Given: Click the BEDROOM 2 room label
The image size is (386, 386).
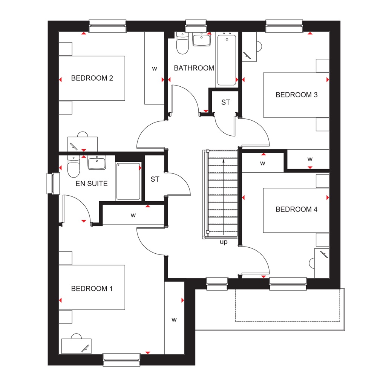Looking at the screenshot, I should [92, 78].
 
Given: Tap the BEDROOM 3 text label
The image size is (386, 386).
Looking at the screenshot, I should [296, 95].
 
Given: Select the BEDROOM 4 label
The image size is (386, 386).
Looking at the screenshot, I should [296, 210].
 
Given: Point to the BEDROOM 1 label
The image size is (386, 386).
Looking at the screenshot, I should [92, 289].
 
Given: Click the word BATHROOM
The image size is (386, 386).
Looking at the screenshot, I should [194, 68].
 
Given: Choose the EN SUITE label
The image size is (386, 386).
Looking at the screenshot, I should [92, 184].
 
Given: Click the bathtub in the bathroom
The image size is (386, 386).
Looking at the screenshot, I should [227, 60].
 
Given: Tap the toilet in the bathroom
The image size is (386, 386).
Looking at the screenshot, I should [182, 43].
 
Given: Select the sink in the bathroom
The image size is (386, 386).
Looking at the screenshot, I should [201, 40].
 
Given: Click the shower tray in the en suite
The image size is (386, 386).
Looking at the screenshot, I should [128, 181].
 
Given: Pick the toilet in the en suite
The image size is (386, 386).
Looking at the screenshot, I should [74, 167].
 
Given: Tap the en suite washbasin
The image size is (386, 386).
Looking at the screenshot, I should [97, 163].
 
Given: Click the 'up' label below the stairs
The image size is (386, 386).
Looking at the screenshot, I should [224, 242].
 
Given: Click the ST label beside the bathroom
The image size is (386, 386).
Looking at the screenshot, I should [225, 103].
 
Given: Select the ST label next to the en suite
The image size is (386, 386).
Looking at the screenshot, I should [155, 179].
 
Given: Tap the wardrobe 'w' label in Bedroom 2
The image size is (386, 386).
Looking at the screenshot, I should [154, 68].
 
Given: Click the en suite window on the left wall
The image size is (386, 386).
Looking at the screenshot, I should [53, 184].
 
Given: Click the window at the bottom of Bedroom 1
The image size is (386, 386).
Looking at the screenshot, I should [121, 360].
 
